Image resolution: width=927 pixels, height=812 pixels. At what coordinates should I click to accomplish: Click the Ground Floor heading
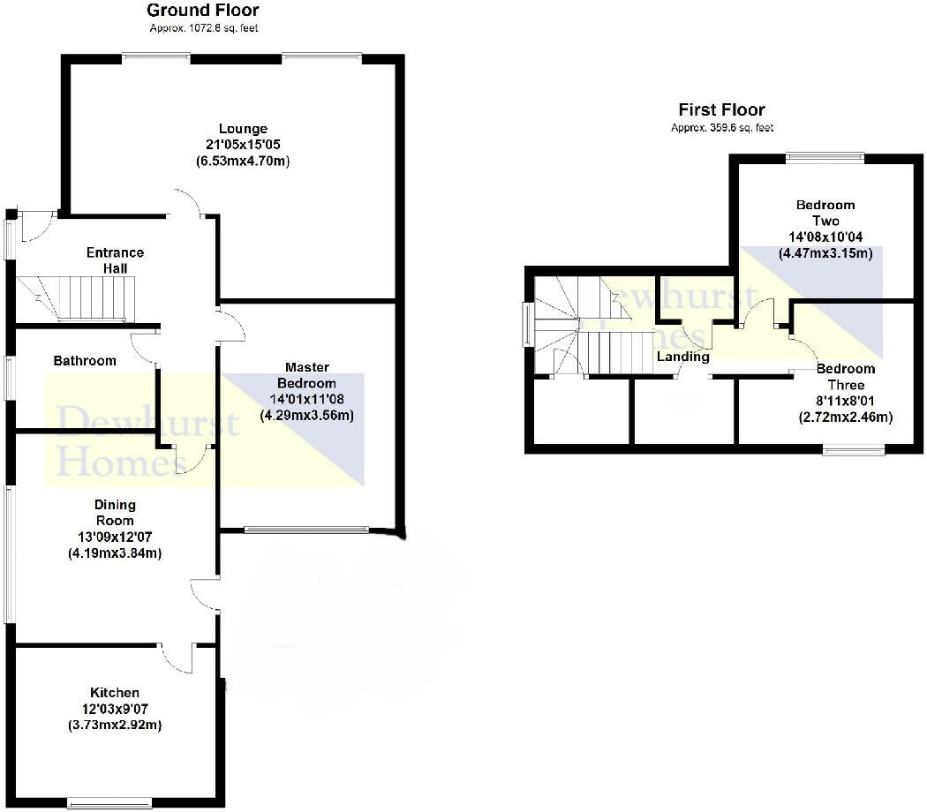203,11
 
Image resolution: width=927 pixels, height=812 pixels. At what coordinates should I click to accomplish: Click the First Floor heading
721,109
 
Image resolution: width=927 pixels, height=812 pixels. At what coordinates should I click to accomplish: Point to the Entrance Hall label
115,260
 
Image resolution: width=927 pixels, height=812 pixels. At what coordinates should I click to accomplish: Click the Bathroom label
85,360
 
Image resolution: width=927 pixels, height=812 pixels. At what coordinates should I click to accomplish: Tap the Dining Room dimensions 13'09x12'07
115,537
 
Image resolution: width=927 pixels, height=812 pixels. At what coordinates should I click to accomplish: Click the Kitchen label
115,692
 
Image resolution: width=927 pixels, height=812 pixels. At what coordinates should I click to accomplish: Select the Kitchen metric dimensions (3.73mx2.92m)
115,725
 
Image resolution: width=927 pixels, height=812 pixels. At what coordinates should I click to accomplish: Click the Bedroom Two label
825,213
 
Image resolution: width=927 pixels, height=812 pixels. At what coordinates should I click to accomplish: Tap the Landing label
682,357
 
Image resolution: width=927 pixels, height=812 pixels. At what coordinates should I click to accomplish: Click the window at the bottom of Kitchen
104,803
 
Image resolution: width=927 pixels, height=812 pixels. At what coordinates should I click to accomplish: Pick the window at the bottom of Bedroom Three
853,450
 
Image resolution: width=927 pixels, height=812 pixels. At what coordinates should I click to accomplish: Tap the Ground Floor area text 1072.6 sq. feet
203,28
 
